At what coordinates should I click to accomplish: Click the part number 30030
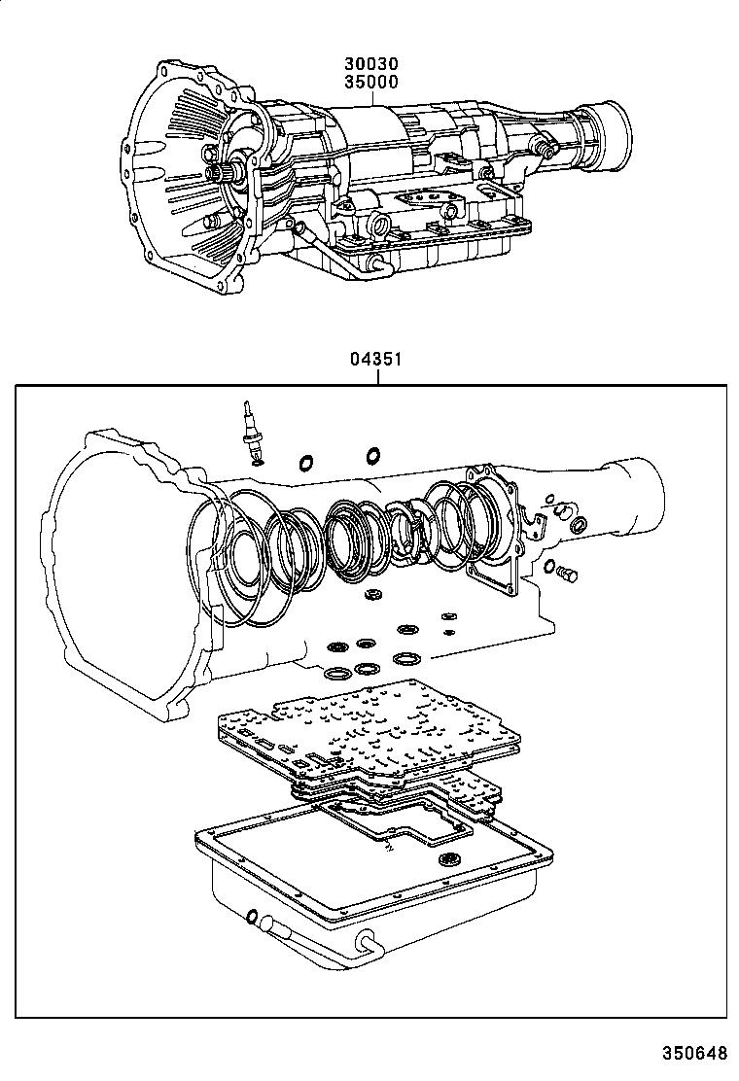(369, 65)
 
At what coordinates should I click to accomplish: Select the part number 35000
(369, 82)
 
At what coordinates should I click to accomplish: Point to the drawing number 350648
(694, 1052)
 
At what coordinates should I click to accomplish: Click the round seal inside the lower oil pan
(450, 857)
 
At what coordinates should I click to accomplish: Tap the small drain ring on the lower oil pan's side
(254, 917)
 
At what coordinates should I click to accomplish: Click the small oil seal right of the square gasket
(577, 526)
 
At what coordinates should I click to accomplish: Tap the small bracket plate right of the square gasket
(532, 521)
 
